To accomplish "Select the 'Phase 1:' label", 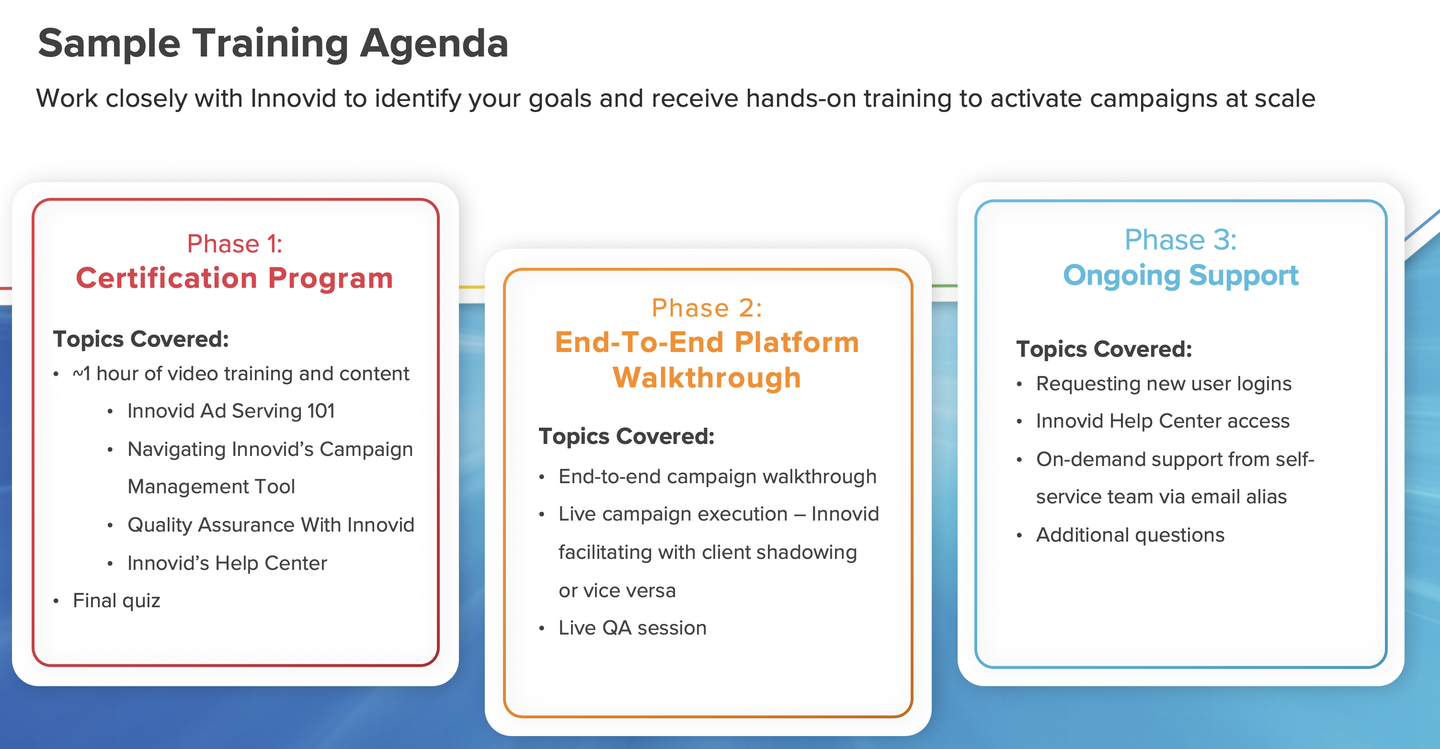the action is coord(235,244).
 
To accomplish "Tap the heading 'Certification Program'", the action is coord(235,278).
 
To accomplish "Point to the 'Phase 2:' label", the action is coord(707,308).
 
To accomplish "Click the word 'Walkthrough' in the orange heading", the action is coord(707,378).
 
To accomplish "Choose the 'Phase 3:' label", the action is coord(1181,240).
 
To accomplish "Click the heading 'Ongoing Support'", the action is coord(1181,275).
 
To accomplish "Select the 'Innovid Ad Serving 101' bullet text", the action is coord(231,411).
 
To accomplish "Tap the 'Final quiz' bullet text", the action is coord(116,601).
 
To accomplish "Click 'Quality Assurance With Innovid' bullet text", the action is coord(271,525).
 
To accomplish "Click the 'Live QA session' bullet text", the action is coord(633,628).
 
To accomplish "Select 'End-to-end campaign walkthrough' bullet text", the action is coord(718,477).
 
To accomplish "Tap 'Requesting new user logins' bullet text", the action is coord(1164,384).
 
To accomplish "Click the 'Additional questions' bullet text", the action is coord(1131,535).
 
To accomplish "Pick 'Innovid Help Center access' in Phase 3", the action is coord(1163,421).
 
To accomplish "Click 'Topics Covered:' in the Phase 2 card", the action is coord(627,437).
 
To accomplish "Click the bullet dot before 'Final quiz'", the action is coord(56,601).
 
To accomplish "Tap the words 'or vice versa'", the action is coord(617,591).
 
